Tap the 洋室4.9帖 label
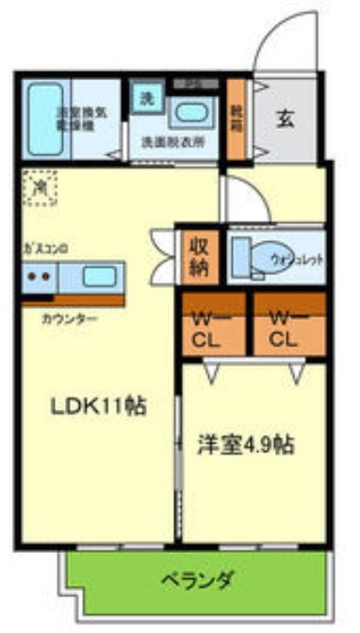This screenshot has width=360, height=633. pos(246,444)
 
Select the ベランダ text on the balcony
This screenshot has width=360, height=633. pos(196,578)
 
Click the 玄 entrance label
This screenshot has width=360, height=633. pos(286,120)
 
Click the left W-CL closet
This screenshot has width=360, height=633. pos(213,326)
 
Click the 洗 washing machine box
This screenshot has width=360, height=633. pos(146,96)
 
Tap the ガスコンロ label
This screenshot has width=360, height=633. pos(45,251)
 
